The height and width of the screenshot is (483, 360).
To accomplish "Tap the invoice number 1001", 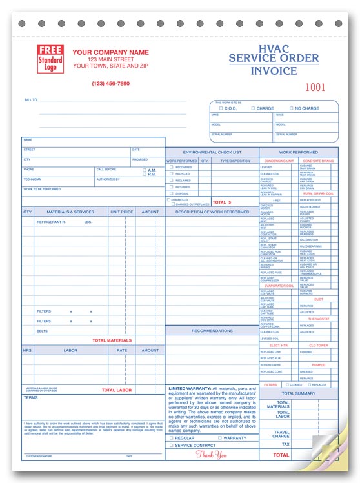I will (315, 86).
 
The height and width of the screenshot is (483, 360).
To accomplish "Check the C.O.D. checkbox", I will (222, 108).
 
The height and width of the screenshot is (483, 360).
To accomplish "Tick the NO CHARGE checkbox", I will (291, 108).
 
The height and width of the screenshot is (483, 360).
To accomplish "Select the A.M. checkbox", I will (145, 170).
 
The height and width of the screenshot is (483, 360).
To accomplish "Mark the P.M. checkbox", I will (145, 174).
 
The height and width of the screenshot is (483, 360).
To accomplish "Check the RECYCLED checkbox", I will (171, 173).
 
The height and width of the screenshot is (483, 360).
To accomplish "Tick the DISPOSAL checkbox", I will (171, 193).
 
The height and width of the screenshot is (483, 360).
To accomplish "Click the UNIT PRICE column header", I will (122, 212).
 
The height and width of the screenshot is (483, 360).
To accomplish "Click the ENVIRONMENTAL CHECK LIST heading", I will (212, 152).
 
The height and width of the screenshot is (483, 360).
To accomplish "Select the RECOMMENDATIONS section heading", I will (212, 331).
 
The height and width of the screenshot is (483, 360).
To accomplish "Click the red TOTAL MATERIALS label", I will (112, 340).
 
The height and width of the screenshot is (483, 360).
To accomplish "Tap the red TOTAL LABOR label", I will (117, 390).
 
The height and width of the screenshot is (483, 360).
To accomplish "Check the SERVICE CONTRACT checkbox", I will (171, 446).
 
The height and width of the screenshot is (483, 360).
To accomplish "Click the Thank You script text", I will (211, 455).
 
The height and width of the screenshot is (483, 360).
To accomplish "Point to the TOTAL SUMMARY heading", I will (298, 393).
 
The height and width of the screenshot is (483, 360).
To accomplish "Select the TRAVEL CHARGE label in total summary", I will (281, 435).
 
